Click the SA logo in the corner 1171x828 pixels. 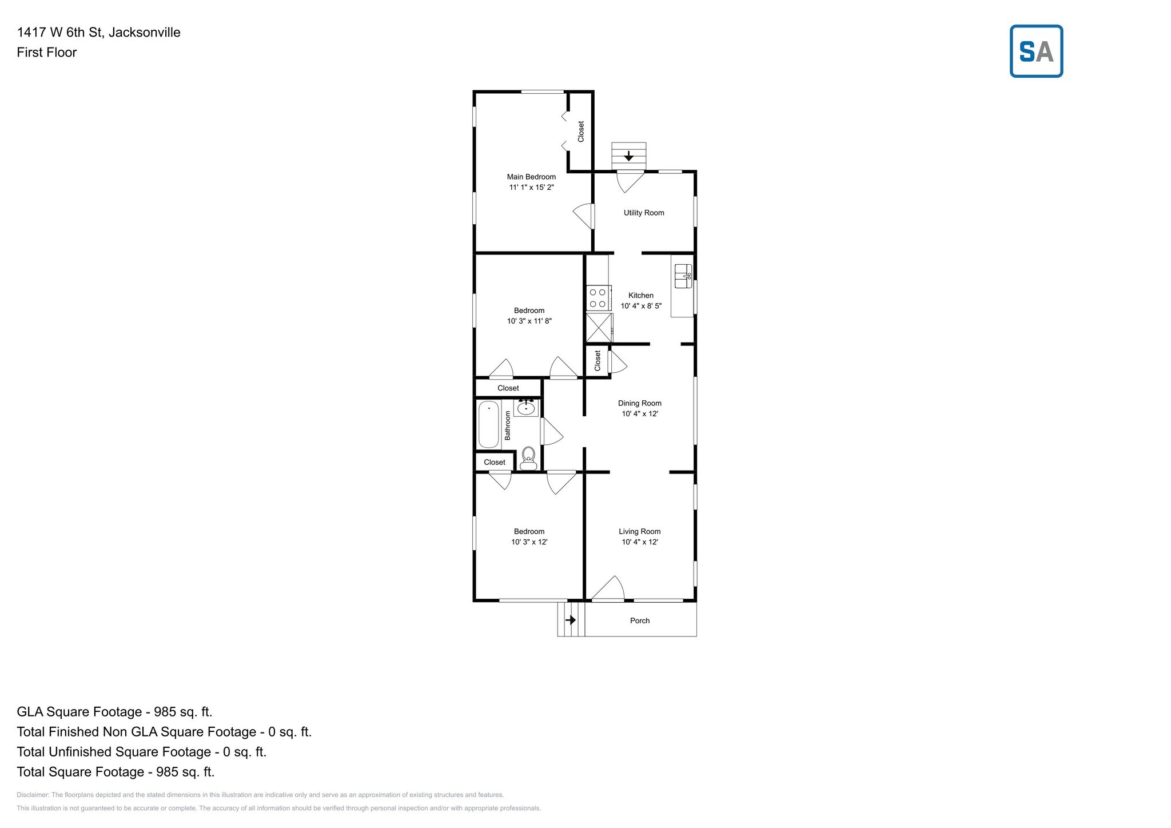click(1036, 51)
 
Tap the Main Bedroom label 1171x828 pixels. click(531, 177)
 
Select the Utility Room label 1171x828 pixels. click(644, 213)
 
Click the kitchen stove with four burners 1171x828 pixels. click(598, 298)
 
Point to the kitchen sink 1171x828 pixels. click(683, 276)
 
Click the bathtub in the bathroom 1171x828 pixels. click(488, 424)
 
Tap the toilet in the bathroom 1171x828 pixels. click(528, 457)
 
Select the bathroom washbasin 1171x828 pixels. click(526, 408)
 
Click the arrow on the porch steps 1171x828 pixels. click(570, 620)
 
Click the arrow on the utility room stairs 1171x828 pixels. click(628, 156)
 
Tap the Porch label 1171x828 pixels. click(640, 620)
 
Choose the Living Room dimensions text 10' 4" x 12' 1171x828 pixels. click(640, 542)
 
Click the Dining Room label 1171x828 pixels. click(640, 403)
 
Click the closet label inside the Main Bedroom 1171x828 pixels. click(581, 132)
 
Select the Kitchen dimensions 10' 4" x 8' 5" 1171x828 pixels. click(641, 306)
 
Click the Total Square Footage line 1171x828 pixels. click(115, 772)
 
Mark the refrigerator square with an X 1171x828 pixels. click(599, 328)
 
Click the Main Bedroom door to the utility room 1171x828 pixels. click(585, 216)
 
